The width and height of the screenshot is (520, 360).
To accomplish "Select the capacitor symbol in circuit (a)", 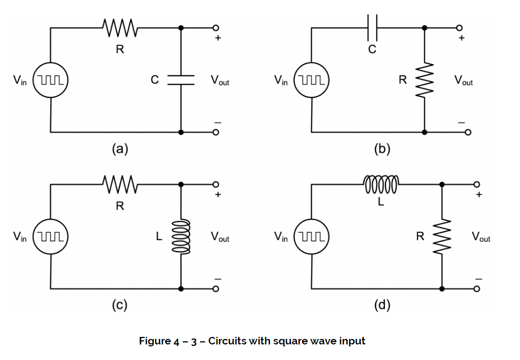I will tap(181, 80).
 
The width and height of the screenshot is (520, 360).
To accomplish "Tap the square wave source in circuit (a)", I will tap(50, 80).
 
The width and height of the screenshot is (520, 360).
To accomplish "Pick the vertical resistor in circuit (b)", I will tap(425, 80).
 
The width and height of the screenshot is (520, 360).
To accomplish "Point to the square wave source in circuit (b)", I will tap(311, 80).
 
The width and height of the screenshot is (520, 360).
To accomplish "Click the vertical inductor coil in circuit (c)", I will tap(181, 236).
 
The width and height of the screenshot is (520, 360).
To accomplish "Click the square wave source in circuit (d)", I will tap(311, 236).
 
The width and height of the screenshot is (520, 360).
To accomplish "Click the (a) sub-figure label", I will tap(120, 149).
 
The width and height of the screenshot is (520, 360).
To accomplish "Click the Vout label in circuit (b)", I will tap(463, 80).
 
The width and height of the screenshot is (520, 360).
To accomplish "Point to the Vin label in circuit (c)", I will tap(20, 236).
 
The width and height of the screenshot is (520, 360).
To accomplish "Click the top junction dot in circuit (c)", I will tap(181, 184).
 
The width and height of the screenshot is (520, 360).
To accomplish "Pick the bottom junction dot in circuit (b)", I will tap(425, 133).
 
